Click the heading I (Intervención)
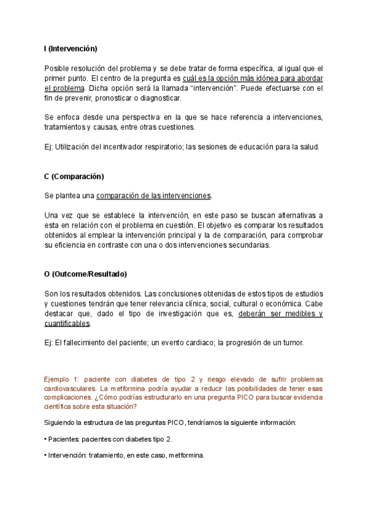click(71, 48)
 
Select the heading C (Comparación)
click(74, 177)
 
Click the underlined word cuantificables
click(67, 323)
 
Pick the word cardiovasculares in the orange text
click(70, 389)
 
